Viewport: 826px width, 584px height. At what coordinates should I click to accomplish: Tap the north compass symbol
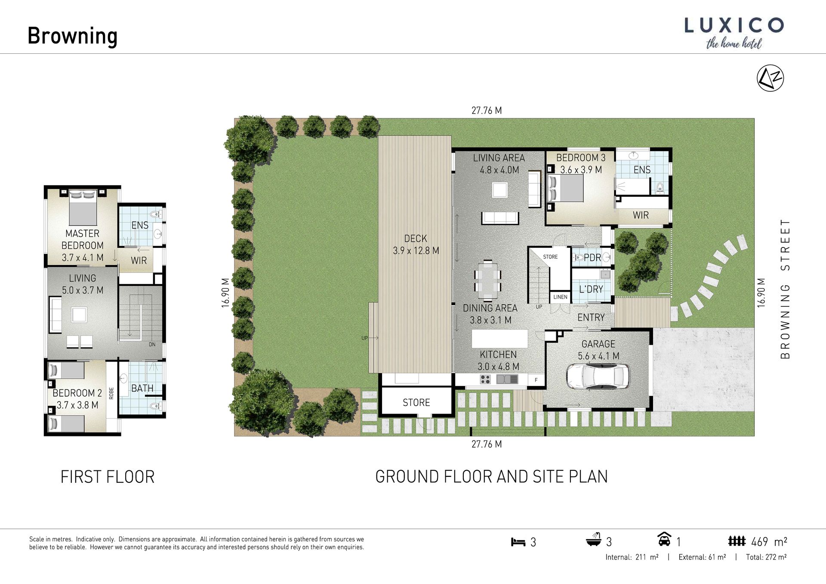[770, 78]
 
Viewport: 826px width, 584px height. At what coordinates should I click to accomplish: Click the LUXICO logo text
[734, 25]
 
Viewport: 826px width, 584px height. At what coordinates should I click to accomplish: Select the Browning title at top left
[72, 36]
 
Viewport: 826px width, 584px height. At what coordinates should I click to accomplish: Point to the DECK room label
[416, 238]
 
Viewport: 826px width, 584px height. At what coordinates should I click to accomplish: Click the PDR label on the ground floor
[592, 258]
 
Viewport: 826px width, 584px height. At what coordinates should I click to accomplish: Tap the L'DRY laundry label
[591, 289]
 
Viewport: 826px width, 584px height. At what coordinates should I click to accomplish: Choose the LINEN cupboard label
[560, 297]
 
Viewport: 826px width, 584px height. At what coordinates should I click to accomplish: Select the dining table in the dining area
[487, 281]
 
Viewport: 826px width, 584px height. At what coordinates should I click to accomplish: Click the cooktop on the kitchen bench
[485, 379]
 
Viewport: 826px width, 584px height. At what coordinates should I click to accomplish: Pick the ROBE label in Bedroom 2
[111, 393]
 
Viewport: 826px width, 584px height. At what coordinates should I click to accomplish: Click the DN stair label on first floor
[152, 344]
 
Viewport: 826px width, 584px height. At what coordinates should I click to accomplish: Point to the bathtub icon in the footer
[594, 540]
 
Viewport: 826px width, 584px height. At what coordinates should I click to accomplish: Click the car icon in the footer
[664, 539]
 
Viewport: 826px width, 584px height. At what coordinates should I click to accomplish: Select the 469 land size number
[759, 542]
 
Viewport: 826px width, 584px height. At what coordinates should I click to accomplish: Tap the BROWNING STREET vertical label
[785, 289]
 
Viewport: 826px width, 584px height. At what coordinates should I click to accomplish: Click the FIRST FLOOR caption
[108, 477]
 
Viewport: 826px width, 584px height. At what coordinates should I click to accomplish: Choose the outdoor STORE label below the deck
[416, 402]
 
